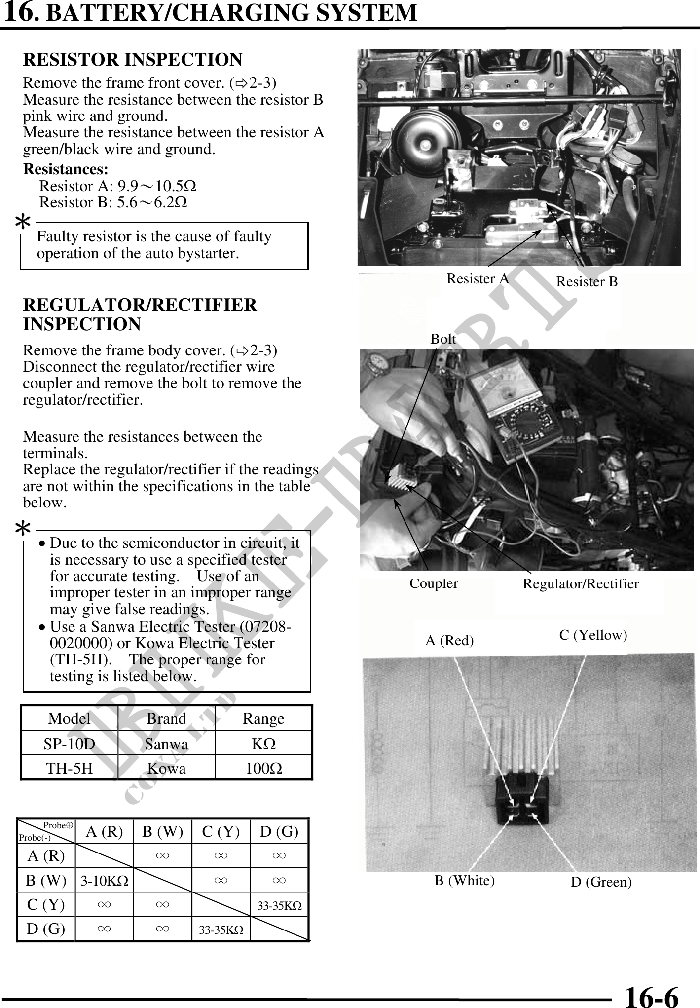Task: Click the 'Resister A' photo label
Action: (477, 279)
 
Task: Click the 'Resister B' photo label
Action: (587, 282)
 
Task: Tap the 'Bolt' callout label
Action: (443, 339)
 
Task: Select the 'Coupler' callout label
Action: (434, 583)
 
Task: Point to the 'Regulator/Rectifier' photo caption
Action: (581, 584)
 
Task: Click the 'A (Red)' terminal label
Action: (449, 641)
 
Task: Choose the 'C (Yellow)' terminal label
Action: (593, 635)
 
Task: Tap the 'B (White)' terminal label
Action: (464, 881)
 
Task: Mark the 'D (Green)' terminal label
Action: (601, 882)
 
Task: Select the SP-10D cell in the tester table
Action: (69, 744)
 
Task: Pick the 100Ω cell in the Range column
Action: (264, 769)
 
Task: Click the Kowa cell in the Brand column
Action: (166, 769)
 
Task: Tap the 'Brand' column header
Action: (166, 719)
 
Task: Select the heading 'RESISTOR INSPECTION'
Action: (133, 60)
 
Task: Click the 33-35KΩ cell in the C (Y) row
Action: (279, 906)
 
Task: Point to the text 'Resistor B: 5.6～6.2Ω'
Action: (113, 202)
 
